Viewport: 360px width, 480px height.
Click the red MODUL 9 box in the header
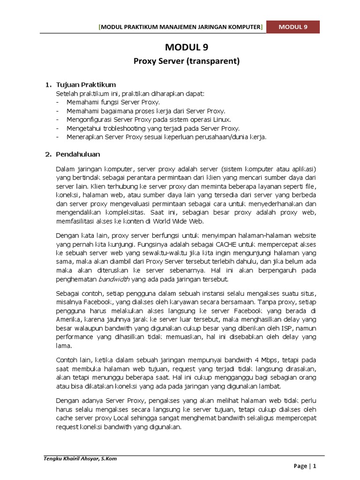[293, 27]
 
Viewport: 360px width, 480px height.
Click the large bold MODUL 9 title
[186, 47]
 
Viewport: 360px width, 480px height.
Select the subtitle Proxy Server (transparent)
[187, 61]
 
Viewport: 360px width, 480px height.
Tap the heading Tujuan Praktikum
[86, 85]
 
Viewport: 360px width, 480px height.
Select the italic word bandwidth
[114, 279]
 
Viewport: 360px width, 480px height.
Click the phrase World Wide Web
[181, 222]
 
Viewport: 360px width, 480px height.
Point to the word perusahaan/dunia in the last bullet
[218, 137]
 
